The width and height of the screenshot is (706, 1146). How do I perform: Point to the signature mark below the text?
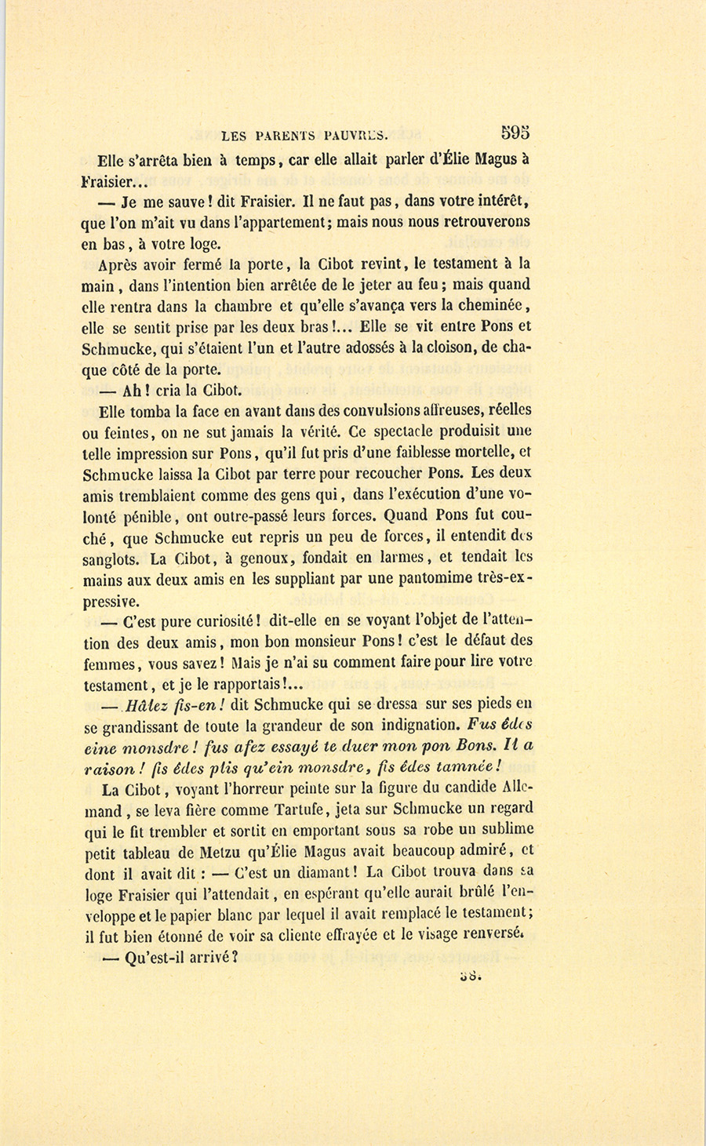[x=470, y=975]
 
